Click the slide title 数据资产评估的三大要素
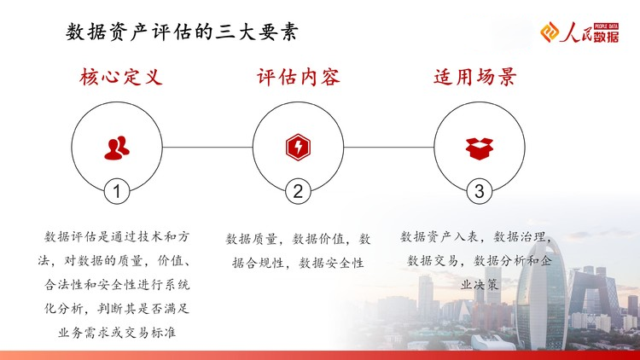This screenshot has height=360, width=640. pyautogui.click(x=182, y=32)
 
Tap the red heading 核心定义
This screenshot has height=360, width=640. pyautogui.click(x=121, y=77)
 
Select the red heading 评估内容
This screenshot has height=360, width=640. pyautogui.click(x=299, y=77)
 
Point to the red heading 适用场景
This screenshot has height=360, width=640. pyautogui.click(x=475, y=77)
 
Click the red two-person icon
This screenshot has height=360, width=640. pyautogui.click(x=117, y=148)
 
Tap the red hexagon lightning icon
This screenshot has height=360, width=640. pyautogui.click(x=298, y=147)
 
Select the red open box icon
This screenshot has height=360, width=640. pyautogui.click(x=480, y=148)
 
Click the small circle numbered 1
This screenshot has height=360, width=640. pyautogui.click(x=117, y=191)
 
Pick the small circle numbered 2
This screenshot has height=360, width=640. pyautogui.click(x=298, y=191)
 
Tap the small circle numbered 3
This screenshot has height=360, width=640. pyautogui.click(x=480, y=191)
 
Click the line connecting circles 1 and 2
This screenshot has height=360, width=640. pyautogui.click(x=207, y=147)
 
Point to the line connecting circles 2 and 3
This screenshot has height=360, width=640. pyautogui.click(x=388, y=147)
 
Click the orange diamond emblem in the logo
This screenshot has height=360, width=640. pyautogui.click(x=550, y=32)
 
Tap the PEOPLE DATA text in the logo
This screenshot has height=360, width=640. pyautogui.click(x=607, y=26)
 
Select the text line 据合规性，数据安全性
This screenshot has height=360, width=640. pyautogui.click(x=298, y=263)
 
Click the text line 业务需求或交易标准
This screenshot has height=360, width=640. pyautogui.click(x=117, y=333)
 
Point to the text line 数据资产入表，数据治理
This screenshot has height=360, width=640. pyautogui.click(x=476, y=237)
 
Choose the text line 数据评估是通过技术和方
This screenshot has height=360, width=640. pyautogui.click(x=117, y=237)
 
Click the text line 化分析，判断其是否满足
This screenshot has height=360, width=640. pyautogui.click(x=117, y=309)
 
